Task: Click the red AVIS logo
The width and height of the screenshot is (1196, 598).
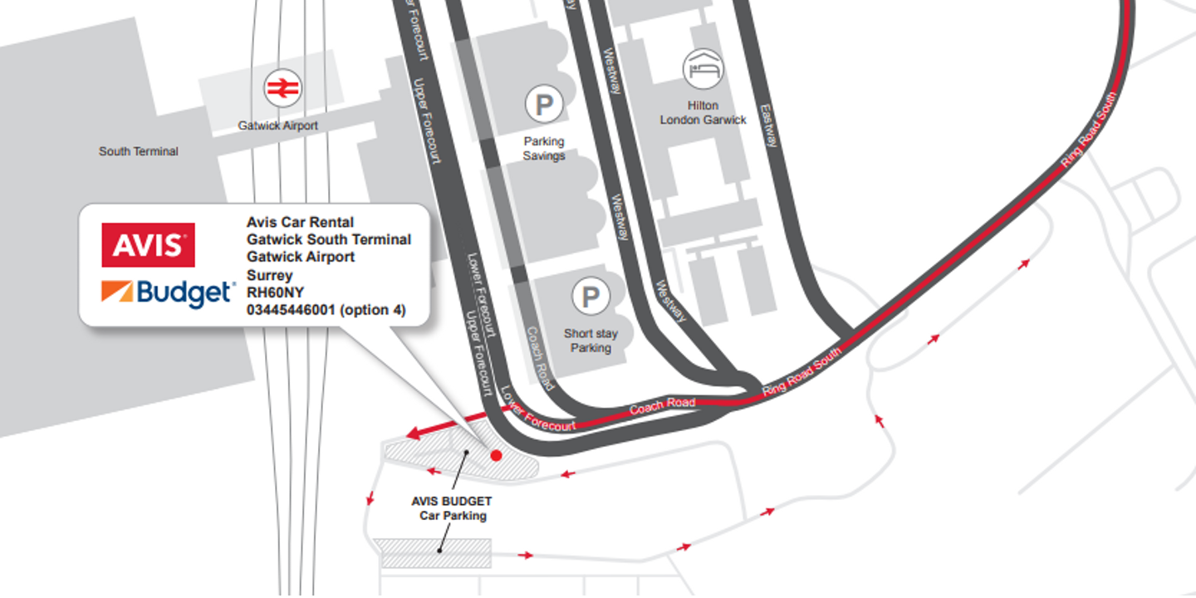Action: pyautogui.click(x=148, y=245)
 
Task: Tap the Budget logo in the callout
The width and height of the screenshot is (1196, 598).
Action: pyautogui.click(x=168, y=293)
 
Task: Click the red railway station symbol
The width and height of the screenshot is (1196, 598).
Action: pyautogui.click(x=282, y=88)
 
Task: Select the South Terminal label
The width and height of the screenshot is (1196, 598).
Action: pyautogui.click(x=138, y=151)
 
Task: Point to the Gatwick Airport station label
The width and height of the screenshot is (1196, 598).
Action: pyautogui.click(x=277, y=125)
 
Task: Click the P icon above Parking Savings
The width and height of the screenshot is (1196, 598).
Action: pyautogui.click(x=543, y=104)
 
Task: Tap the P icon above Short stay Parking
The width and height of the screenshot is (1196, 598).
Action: pyautogui.click(x=591, y=297)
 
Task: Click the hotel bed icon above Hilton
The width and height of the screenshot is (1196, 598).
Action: pyautogui.click(x=703, y=69)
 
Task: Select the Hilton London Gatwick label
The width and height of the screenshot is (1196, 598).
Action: pyautogui.click(x=703, y=113)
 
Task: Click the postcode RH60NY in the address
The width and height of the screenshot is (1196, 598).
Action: pyautogui.click(x=275, y=292)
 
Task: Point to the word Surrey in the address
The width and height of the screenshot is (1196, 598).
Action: pyautogui.click(x=270, y=276)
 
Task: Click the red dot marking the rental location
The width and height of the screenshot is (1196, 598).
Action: pyautogui.click(x=496, y=455)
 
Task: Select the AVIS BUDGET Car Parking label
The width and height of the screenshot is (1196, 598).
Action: pyautogui.click(x=452, y=508)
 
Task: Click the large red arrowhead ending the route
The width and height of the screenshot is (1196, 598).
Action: pyautogui.click(x=415, y=433)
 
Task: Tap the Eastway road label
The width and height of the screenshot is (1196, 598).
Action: pyautogui.click(x=768, y=125)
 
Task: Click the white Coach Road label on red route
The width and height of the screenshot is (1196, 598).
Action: pyautogui.click(x=662, y=406)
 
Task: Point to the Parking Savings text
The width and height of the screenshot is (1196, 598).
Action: pyautogui.click(x=543, y=149)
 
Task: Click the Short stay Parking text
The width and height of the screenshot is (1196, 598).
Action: pyautogui.click(x=591, y=341)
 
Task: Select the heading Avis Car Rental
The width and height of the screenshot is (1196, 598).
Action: pyautogui.click(x=300, y=222)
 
